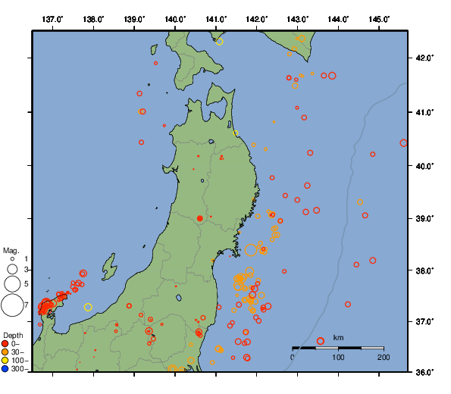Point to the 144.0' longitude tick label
339,17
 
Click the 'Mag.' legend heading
11,250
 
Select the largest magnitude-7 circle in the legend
11,305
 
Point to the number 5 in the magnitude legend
26,283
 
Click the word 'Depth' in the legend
13,335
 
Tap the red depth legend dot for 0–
5,343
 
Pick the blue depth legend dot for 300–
5,369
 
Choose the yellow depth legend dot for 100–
5,361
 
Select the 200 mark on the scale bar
384,357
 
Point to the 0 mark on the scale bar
293,357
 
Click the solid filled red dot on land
199,218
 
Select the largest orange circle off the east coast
251,249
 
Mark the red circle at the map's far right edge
403,142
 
